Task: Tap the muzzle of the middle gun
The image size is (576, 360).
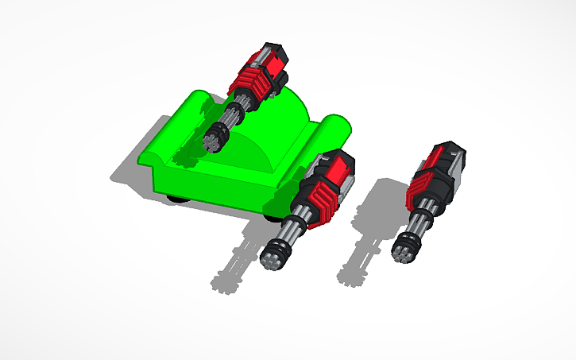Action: [x=275, y=255]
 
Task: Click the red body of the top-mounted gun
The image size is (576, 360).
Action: [x=258, y=69]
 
